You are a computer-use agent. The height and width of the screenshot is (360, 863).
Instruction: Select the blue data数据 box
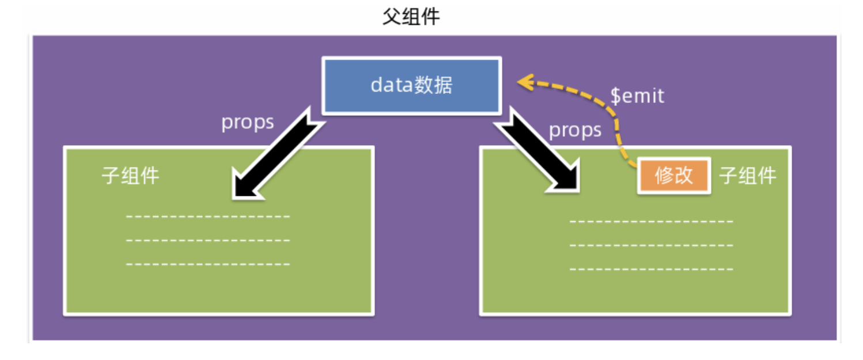[x=411, y=85]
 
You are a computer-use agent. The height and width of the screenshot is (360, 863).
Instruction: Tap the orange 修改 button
[x=673, y=175]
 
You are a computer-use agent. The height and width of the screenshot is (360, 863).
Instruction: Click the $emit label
[x=637, y=96]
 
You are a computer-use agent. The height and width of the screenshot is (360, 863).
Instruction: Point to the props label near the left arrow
[x=248, y=123]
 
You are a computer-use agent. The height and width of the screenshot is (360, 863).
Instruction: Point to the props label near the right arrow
[x=575, y=130]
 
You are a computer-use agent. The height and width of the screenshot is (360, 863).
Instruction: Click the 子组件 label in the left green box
[x=131, y=175]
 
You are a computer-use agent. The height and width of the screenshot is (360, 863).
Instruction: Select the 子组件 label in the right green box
[x=748, y=175]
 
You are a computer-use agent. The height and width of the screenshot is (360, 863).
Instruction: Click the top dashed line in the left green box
[x=207, y=217]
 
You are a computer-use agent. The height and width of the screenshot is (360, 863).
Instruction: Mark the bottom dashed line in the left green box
[x=207, y=264]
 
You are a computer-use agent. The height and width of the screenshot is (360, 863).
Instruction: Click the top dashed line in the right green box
[x=651, y=222]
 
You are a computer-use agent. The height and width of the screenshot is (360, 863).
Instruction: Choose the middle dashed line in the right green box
[x=651, y=245]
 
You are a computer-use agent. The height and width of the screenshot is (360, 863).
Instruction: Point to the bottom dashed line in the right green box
[x=651, y=269]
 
